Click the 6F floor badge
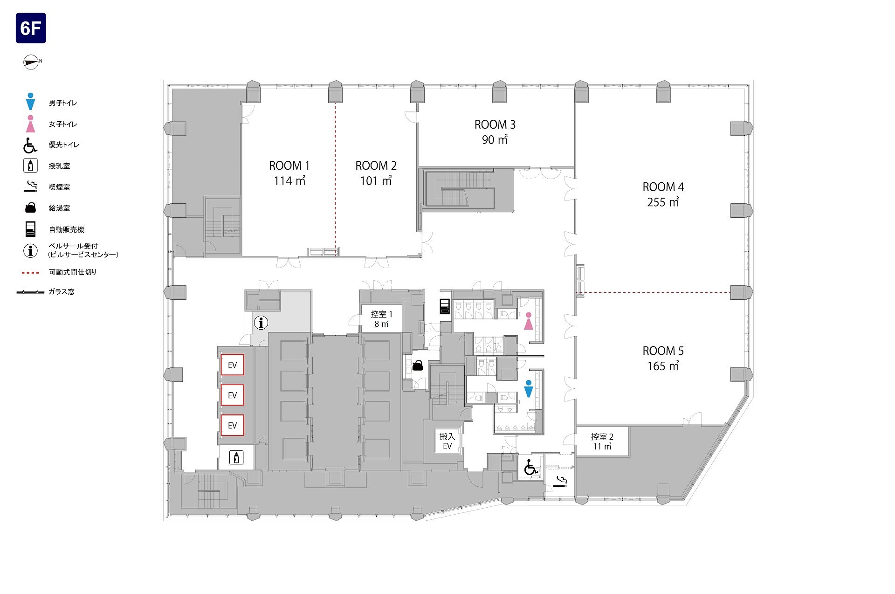coord(31,28)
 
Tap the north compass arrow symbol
coord(31,62)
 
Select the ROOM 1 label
coord(289,166)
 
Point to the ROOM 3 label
coord(495,124)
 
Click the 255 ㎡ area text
coord(663,202)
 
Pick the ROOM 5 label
coord(663,351)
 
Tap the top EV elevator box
coord(232,365)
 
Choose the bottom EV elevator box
coord(232,425)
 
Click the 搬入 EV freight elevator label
coord(447,441)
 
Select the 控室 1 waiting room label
coord(381,314)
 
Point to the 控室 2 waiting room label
coord(602,437)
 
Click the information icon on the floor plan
coord(261,322)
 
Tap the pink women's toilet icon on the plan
coord(528,321)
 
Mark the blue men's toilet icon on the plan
coord(528,389)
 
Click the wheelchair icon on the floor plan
coord(530,467)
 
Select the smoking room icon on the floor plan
coord(560,482)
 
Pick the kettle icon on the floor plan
coord(418,365)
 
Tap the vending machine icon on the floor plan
coord(445,306)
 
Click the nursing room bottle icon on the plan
coord(236,457)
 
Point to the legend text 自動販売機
coord(67,229)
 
